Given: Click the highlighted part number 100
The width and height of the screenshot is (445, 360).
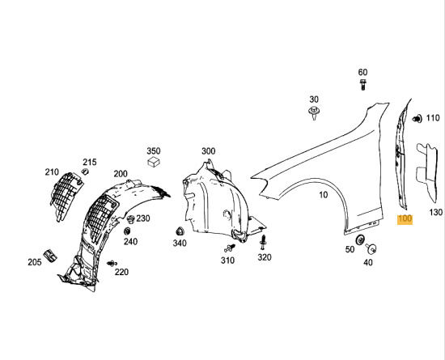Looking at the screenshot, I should [x=405, y=219].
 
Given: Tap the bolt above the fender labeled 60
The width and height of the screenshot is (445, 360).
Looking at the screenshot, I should [x=362, y=85].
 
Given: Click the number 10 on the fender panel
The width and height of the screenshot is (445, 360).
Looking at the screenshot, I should [x=323, y=195].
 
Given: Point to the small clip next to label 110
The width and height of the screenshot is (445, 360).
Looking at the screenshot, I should [x=417, y=118].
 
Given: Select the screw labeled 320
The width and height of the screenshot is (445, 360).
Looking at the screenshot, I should [x=263, y=241].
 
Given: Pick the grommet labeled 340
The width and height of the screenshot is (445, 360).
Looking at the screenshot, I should [x=176, y=231].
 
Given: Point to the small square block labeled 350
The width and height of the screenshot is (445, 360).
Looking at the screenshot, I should [x=152, y=162].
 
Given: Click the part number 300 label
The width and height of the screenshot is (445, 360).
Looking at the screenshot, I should [x=208, y=151].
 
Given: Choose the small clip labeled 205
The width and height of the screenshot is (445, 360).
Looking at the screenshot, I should [x=49, y=256].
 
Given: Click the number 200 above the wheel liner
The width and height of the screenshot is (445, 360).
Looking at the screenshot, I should [x=121, y=174].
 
